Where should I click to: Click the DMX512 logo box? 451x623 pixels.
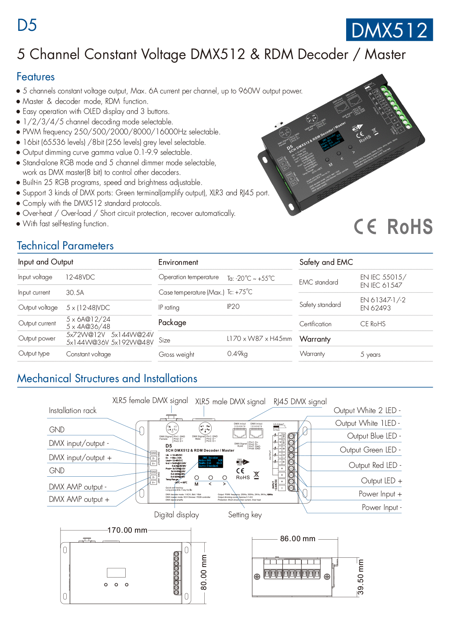pos(389,30)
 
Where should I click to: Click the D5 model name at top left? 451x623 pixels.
pos(27,25)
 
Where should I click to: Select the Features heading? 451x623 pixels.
pos(36,77)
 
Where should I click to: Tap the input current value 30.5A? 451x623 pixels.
pos(75,293)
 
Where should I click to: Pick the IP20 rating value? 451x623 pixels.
pos(233,306)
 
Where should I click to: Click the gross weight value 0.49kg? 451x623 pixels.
pos(237,354)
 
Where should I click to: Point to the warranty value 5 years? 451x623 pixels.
pos(370,354)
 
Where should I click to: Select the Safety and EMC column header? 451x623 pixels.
pos(326,262)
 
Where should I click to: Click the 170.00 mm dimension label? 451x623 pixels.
pos(127,530)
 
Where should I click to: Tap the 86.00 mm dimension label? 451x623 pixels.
pos(298,538)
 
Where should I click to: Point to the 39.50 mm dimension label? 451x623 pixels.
pos(360,577)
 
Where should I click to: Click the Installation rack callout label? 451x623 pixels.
pos(72,411)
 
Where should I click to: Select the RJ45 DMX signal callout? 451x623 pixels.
pos(300,401)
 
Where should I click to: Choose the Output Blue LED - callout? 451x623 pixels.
pos(374,436)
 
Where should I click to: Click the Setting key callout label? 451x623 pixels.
pos(245,515)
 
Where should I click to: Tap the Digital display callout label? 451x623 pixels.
pos(177,515)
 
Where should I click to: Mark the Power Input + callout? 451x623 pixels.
pos(380,494)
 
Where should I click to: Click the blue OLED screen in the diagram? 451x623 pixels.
pos(210,462)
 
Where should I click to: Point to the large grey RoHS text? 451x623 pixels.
pos(410,227)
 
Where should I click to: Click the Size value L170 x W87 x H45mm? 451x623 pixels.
pos(259,339)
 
